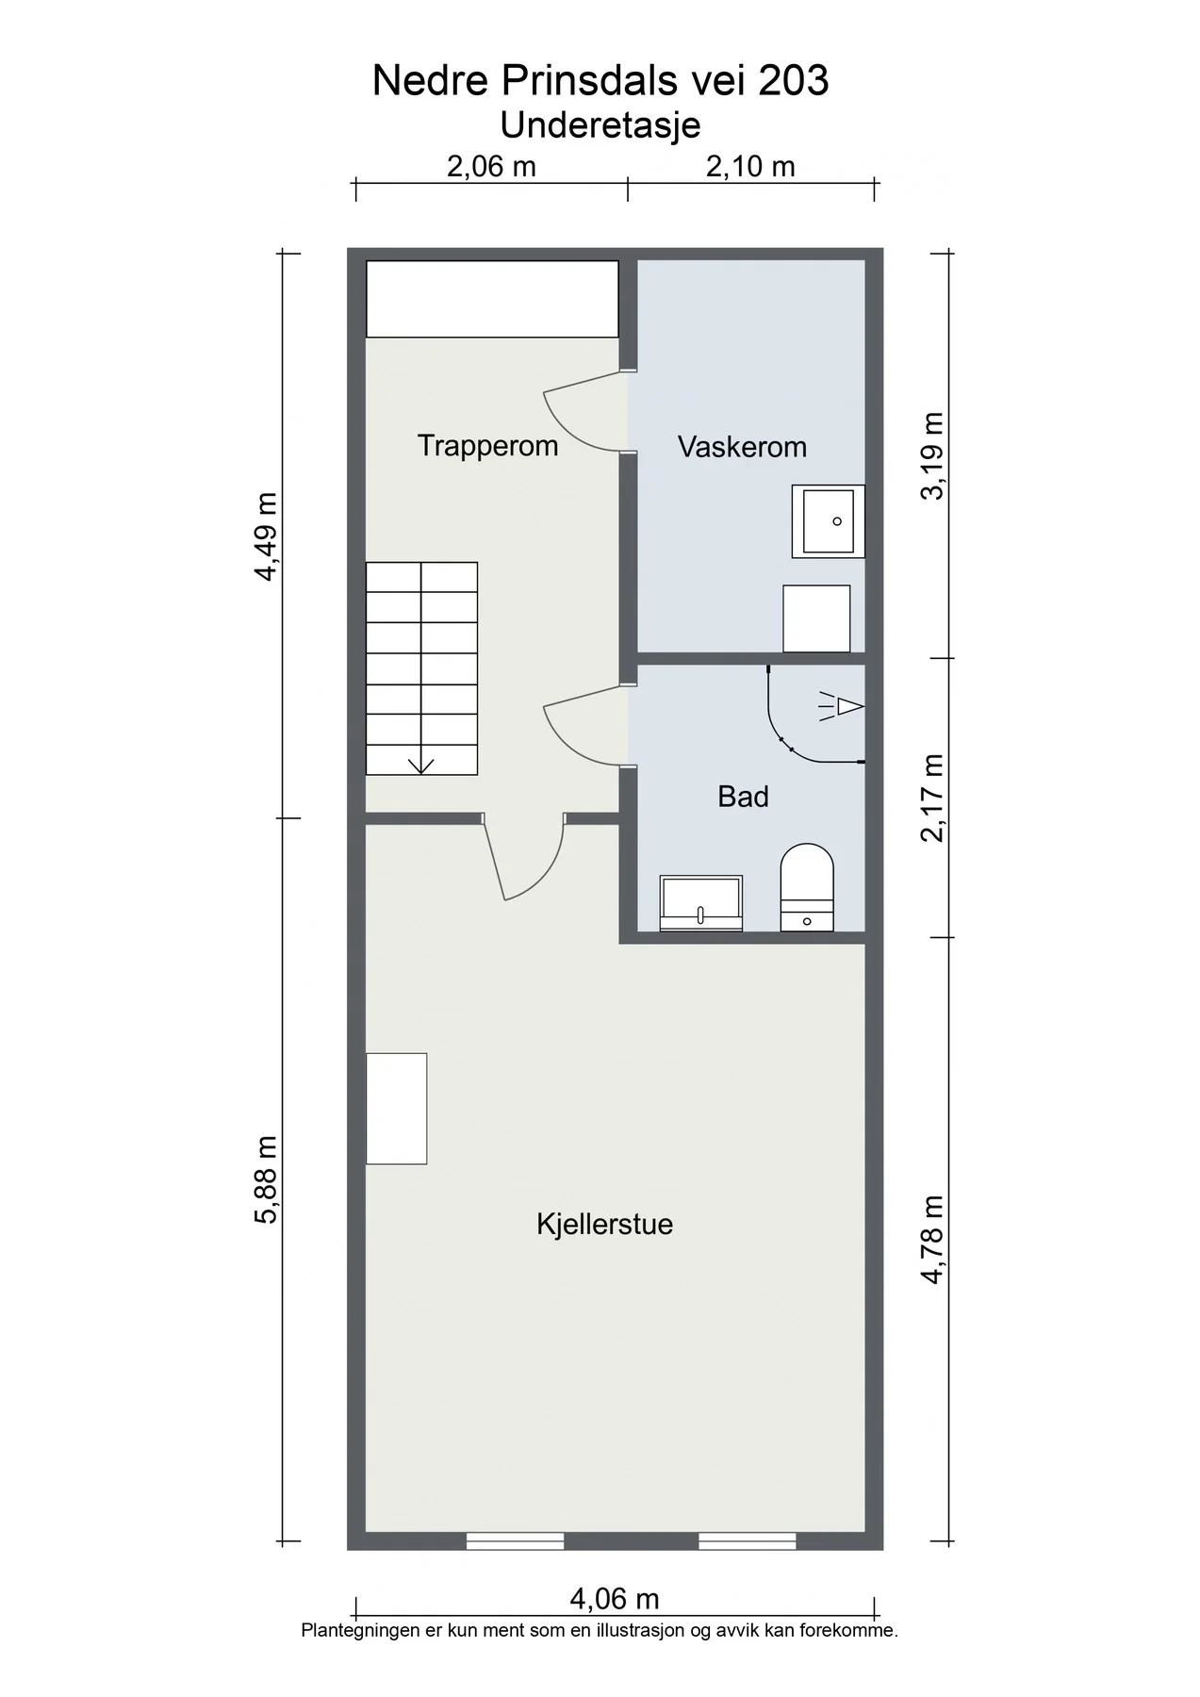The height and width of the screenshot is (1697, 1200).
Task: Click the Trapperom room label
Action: click(x=487, y=446)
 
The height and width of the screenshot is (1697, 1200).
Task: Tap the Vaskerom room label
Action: click(x=742, y=447)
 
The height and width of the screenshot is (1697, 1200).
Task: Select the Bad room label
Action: click(x=743, y=797)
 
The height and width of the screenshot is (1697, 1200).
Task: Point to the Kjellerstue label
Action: click(x=604, y=1225)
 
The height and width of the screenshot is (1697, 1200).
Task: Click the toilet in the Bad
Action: click(x=808, y=887)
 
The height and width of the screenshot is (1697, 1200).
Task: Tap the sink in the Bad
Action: click(x=700, y=903)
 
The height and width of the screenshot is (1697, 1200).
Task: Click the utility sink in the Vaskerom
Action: click(x=828, y=521)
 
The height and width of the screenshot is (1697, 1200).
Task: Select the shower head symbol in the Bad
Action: click(x=842, y=706)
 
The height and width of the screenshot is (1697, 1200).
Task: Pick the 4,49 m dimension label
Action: click(x=266, y=536)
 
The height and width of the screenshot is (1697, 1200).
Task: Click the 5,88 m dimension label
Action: click(x=266, y=1178)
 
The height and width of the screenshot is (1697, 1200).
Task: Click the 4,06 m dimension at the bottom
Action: click(x=615, y=1599)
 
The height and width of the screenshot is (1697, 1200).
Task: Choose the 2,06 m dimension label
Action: click(x=491, y=167)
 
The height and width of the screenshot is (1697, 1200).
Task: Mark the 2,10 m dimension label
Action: click(x=750, y=167)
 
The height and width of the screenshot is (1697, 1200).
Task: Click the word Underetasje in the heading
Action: click(x=600, y=124)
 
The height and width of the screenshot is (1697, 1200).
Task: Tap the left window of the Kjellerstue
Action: click(x=515, y=1540)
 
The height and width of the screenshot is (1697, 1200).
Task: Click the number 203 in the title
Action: click(x=794, y=81)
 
